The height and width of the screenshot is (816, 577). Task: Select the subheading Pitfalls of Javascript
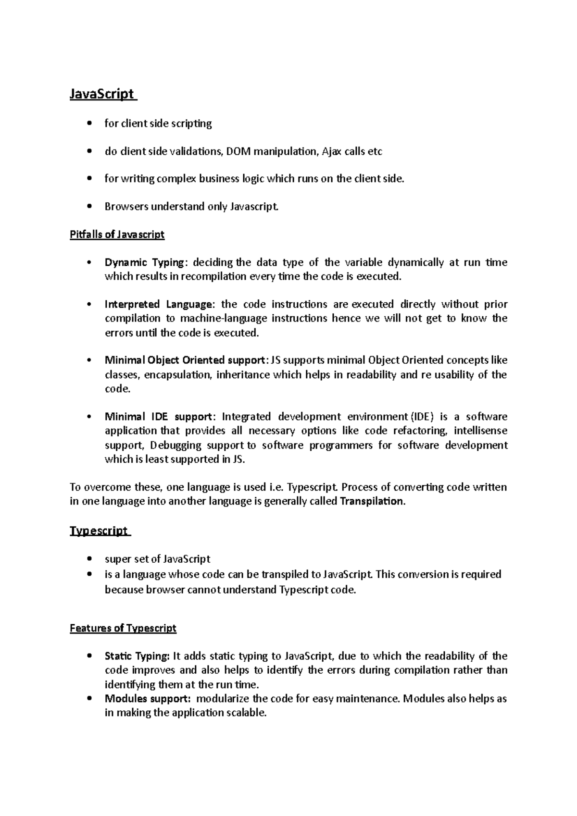[x=117, y=235]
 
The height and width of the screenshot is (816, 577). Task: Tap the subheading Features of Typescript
[x=123, y=628]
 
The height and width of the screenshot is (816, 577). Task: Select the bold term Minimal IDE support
[x=158, y=417]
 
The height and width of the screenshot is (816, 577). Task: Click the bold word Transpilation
[x=372, y=501]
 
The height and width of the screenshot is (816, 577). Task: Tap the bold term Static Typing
[x=137, y=656]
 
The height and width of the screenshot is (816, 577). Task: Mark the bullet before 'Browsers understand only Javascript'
[x=89, y=207]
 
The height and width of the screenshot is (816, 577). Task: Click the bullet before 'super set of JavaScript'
[x=89, y=559]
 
